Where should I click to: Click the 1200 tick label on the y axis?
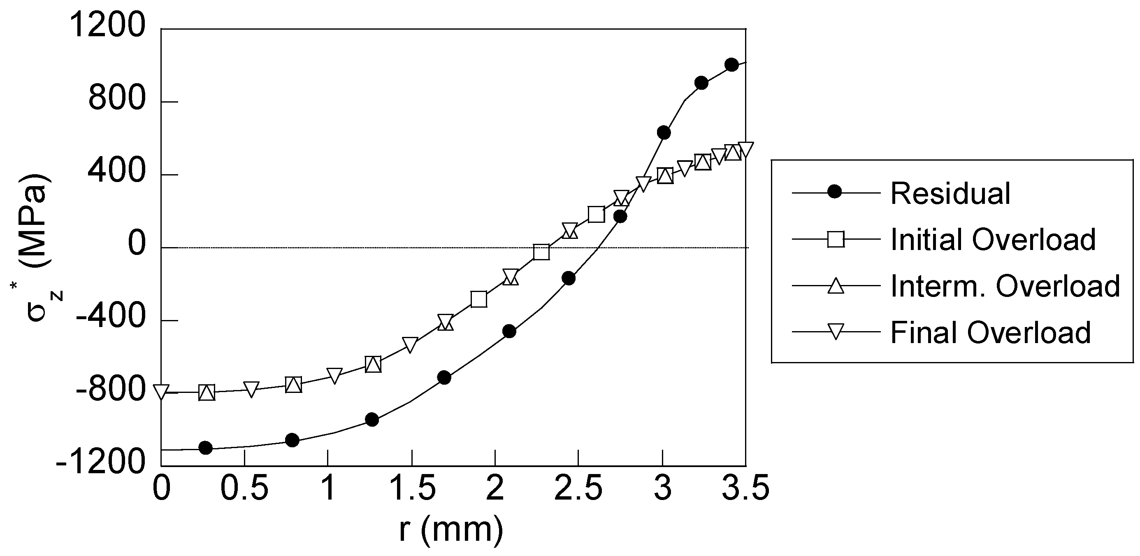pyautogui.click(x=107, y=26)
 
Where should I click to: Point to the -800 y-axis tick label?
pyautogui.click(x=111, y=390)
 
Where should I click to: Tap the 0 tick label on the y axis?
pyautogui.click(x=137, y=244)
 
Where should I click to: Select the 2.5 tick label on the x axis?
pyautogui.click(x=578, y=488)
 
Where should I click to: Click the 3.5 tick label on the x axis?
pyautogui.click(x=745, y=488)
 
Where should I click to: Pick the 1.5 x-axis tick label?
pyautogui.click(x=411, y=488)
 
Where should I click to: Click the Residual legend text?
pyautogui.click(x=950, y=194)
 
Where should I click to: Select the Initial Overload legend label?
pyautogui.click(x=993, y=240)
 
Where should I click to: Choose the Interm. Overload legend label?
pyautogui.click(x=1005, y=286)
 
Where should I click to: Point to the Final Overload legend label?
pyautogui.click(x=990, y=332)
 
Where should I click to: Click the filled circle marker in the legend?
pyautogui.click(x=835, y=192)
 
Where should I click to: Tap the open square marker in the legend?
pyautogui.click(x=836, y=239)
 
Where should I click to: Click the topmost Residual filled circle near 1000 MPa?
pyautogui.click(x=731, y=65)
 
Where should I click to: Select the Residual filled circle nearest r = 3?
pyautogui.click(x=663, y=133)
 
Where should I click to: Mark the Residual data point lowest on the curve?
pyautogui.click(x=206, y=447)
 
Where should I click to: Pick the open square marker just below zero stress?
pyautogui.click(x=541, y=252)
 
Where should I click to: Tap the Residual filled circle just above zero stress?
pyautogui.click(x=620, y=217)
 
